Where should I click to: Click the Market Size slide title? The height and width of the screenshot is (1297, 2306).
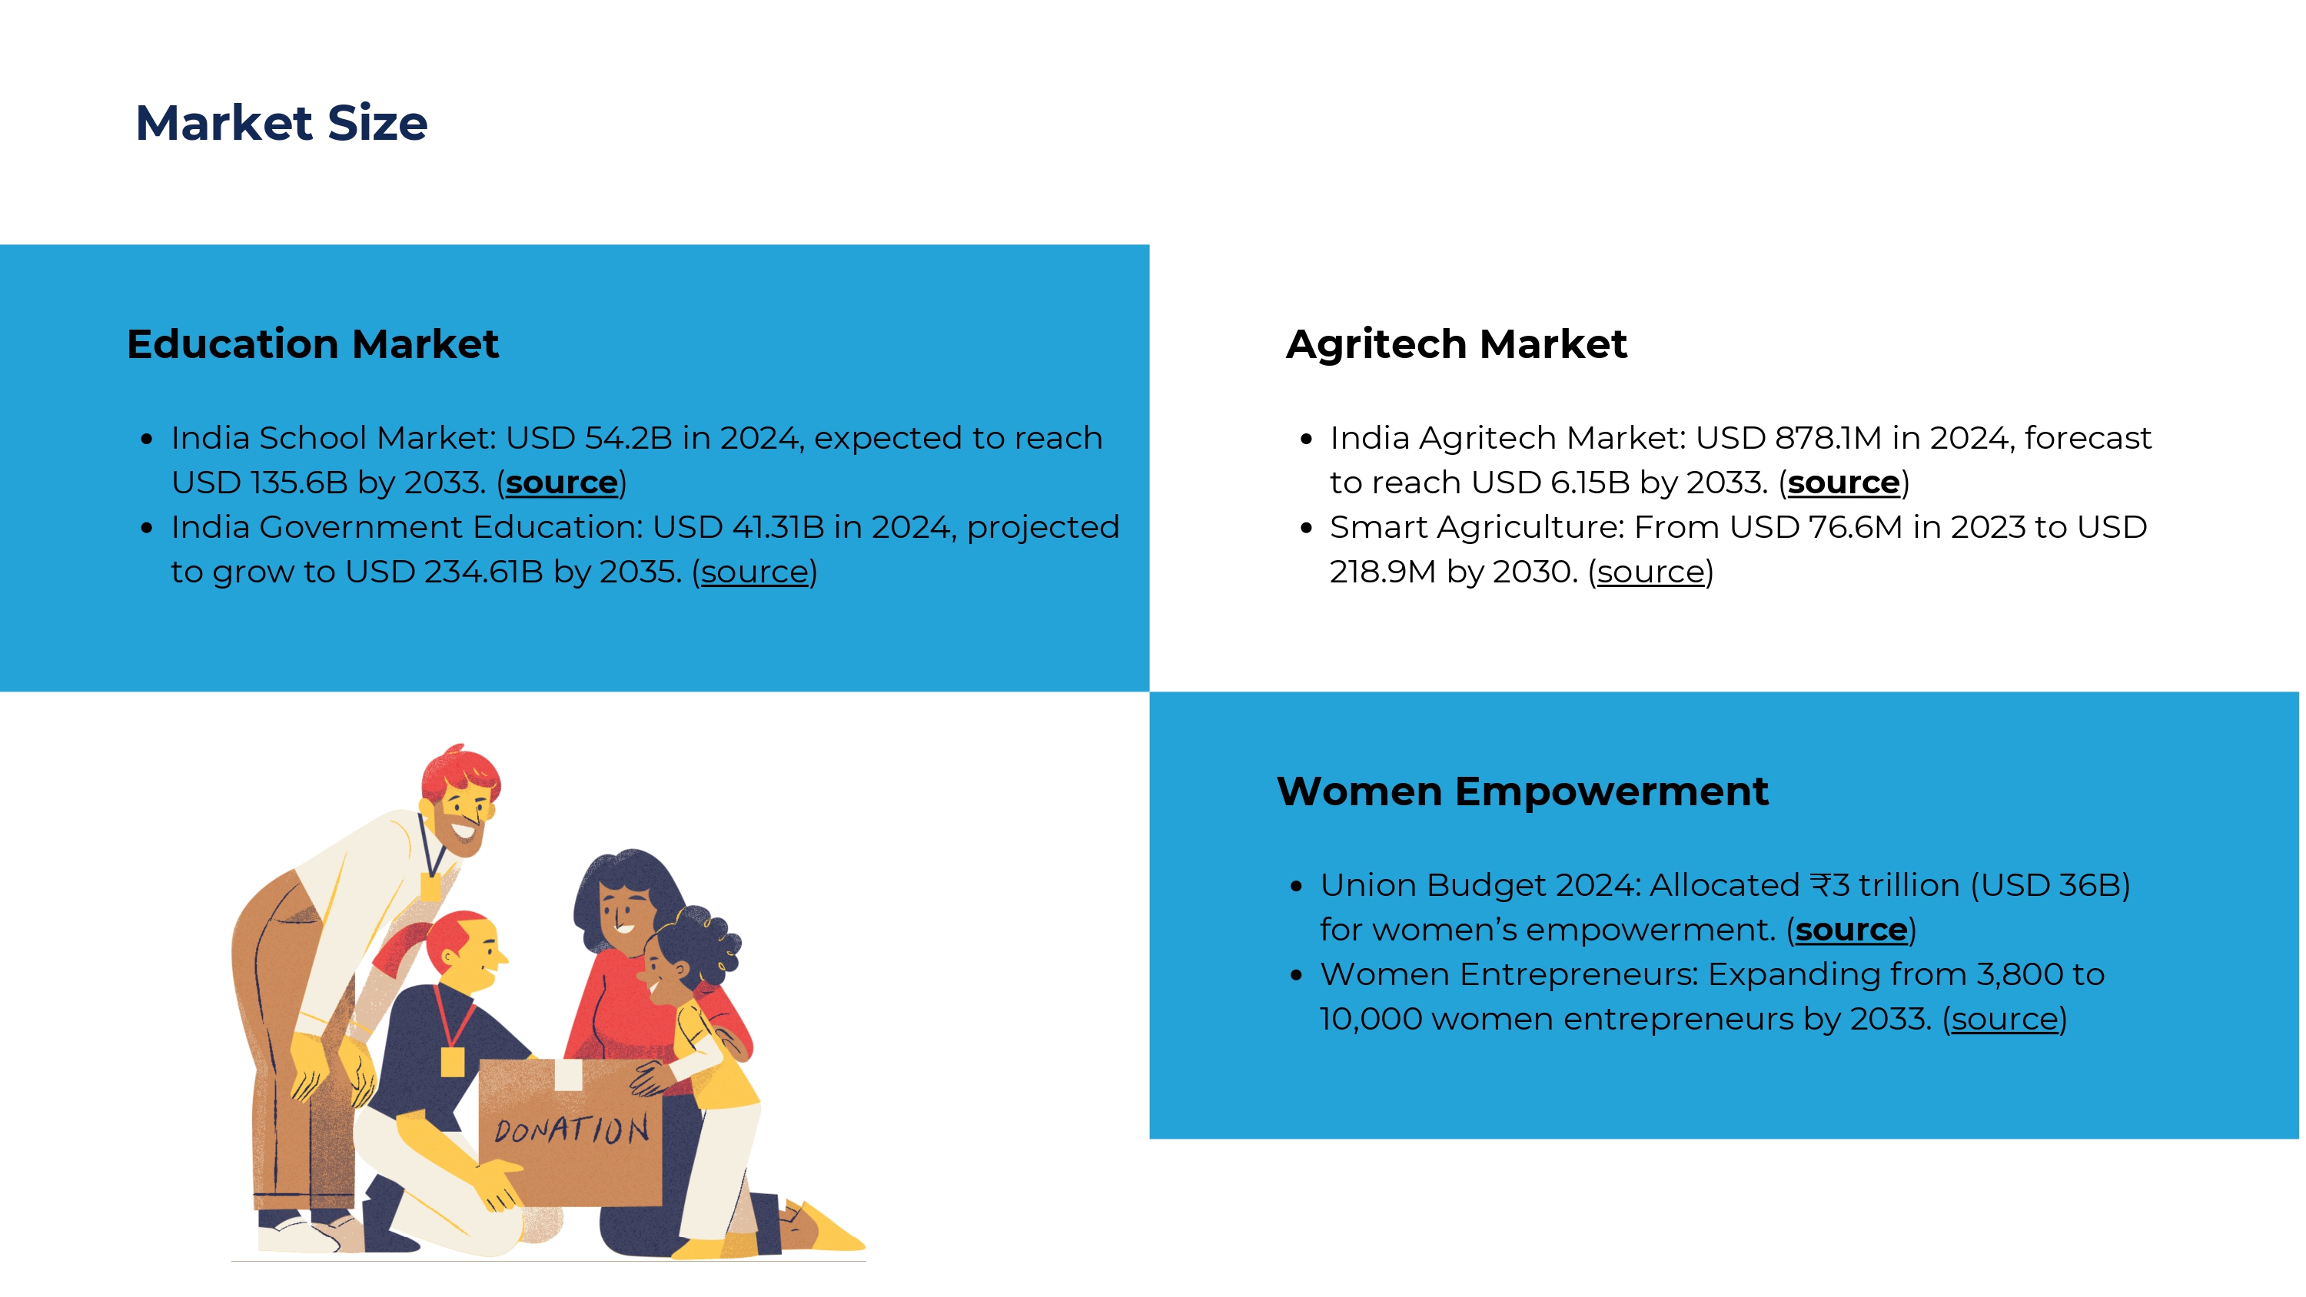281,123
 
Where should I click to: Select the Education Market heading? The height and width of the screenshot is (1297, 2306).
312,343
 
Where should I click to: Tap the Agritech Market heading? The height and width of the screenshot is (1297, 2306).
1457,343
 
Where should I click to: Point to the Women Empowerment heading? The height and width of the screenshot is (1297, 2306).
1523,791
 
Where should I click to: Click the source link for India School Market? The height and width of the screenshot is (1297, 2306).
561,483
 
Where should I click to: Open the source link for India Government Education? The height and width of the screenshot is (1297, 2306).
755,572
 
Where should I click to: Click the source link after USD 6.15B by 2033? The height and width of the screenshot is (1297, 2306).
1844,483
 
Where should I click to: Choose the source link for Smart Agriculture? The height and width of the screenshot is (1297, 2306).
1652,572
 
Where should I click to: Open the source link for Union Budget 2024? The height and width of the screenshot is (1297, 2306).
1851,930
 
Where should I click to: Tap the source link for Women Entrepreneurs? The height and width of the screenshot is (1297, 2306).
2005,1020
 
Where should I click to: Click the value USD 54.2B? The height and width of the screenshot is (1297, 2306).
589,438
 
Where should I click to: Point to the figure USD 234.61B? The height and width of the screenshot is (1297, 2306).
445,572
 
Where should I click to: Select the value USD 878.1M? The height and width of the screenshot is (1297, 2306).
1789,438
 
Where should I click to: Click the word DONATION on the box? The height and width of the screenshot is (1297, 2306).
572,1130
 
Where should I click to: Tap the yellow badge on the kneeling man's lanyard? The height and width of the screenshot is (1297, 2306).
453,1062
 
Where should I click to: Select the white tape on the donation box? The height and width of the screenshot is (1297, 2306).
570,1074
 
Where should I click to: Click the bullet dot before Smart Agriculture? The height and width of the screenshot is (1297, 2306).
1306,528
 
